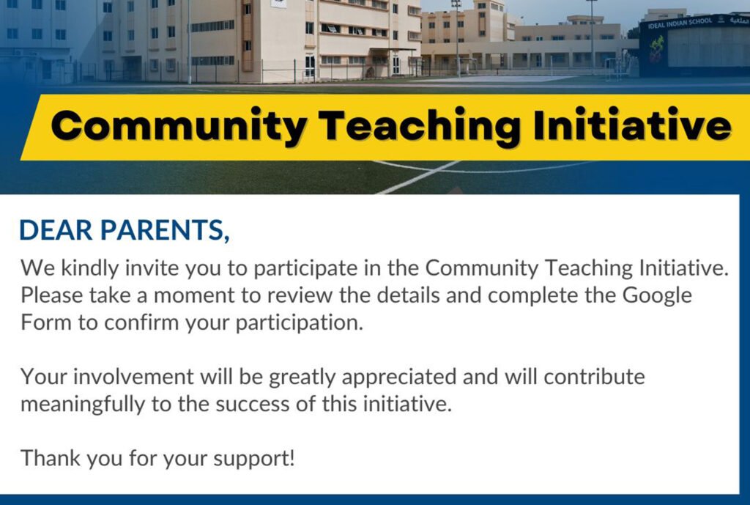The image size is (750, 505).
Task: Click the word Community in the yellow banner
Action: (x=179, y=126)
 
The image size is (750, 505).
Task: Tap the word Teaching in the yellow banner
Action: (x=420, y=126)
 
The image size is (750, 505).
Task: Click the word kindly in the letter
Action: (x=89, y=268)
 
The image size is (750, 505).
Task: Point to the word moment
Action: (x=194, y=295)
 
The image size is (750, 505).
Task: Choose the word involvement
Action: (x=133, y=377)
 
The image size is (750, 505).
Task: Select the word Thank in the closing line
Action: (x=50, y=458)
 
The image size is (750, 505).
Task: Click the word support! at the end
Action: (x=254, y=459)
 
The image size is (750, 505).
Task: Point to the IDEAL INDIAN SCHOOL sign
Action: (x=680, y=23)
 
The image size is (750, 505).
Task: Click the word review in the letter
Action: (x=300, y=295)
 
